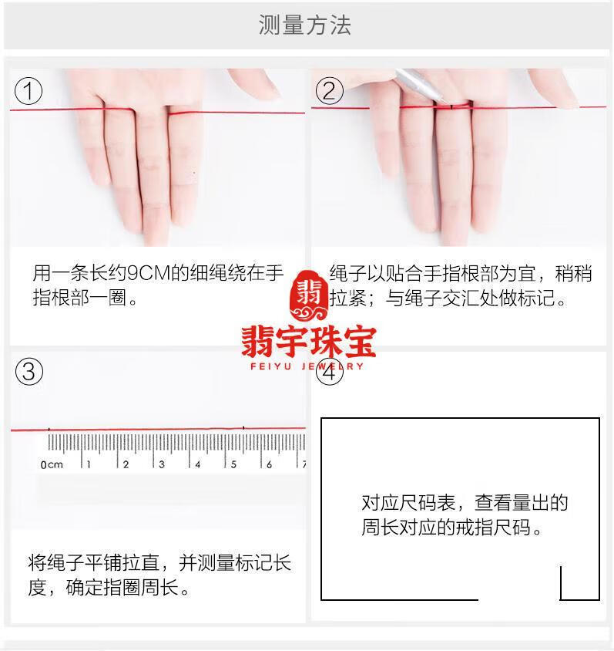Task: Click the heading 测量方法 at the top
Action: click(305, 25)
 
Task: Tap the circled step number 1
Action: click(29, 91)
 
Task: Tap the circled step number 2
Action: click(330, 91)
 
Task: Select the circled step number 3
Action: click(29, 371)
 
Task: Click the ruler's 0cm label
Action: click(52, 464)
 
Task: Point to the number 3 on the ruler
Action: click(162, 464)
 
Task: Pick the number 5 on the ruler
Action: click(233, 464)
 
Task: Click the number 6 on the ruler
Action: click(269, 464)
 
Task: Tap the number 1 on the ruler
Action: click(89, 464)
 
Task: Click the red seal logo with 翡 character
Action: click(309, 295)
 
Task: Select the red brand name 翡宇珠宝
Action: click(309, 342)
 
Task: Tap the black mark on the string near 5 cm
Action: click(243, 427)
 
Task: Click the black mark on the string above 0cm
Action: click(49, 429)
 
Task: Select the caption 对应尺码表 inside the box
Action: click(408, 503)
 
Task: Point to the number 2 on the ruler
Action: click(126, 464)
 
